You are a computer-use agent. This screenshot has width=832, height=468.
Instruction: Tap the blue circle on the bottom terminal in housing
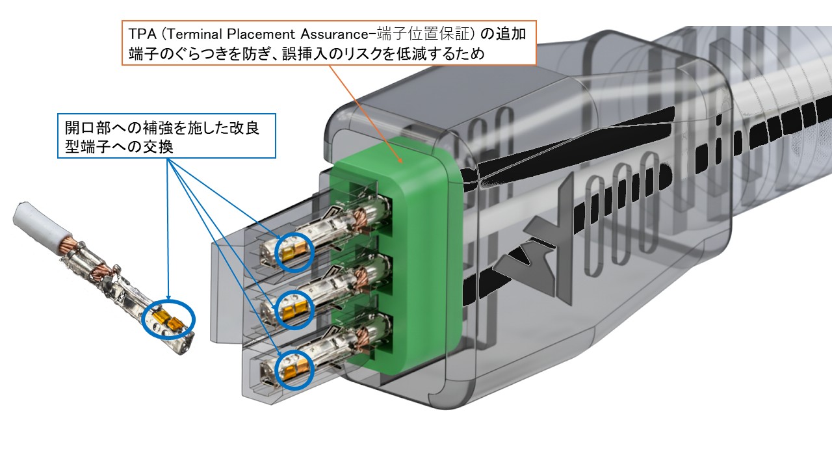293,369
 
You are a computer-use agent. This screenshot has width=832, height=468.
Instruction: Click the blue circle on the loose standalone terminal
170,319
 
